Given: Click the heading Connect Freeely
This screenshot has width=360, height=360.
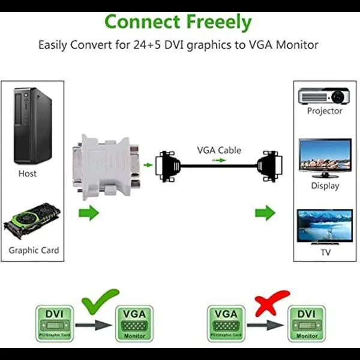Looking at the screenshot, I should (178, 22).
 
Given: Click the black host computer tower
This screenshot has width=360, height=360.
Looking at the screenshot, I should (33, 126).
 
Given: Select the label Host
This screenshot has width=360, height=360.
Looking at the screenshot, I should (27, 173).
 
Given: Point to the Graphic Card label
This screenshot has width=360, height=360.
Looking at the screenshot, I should (34, 250).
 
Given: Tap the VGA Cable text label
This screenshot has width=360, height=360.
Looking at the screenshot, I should (220, 150).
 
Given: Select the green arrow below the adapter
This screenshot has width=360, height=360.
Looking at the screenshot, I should (89, 212).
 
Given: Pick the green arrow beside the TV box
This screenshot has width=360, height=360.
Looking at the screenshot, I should (265, 212).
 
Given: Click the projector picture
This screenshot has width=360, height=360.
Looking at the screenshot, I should (325, 96).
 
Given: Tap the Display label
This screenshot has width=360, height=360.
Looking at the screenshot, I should (325, 185).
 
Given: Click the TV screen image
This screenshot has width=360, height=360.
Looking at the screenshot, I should (325, 225).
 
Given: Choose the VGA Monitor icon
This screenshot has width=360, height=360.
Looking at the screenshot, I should (134, 323).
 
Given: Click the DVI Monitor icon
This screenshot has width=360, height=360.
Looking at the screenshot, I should (306, 323).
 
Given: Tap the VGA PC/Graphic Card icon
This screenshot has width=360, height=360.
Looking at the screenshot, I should (227, 323).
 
